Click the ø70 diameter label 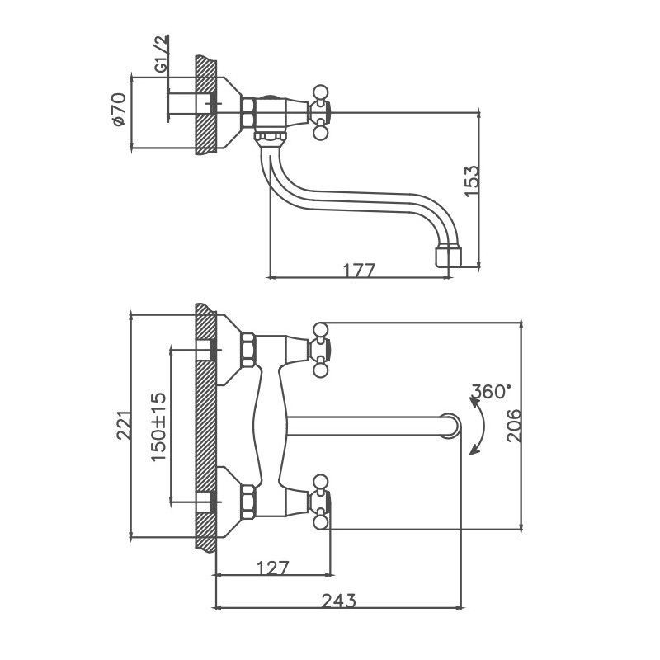(x=118, y=110)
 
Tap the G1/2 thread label (x=161, y=55)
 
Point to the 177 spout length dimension (x=360, y=270)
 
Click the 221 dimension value (x=121, y=427)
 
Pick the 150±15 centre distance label (x=159, y=425)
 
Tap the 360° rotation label (x=492, y=391)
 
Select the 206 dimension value (x=513, y=425)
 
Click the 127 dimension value (x=272, y=568)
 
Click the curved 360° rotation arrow (x=477, y=425)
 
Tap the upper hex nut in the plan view (x=247, y=350)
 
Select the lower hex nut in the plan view (x=247, y=500)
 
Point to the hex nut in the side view (x=247, y=111)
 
